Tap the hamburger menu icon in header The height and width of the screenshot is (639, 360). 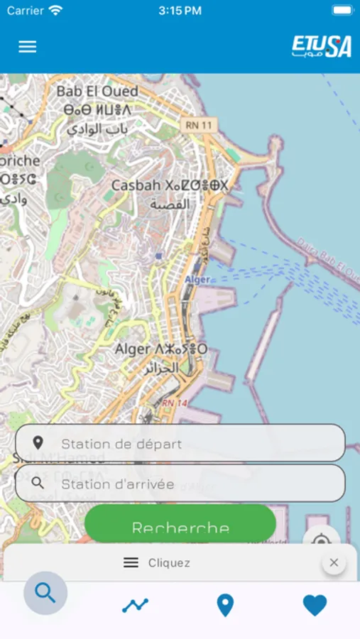pos(27,47)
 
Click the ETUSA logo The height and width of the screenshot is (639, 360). pos(322,47)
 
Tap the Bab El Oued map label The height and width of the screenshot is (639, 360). pos(97,92)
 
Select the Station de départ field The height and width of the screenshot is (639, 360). pos(180,444)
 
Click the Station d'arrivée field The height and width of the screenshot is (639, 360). pos(180,484)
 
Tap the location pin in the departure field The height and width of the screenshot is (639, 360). pos(38,444)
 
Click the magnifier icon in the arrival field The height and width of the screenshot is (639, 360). pos(38,484)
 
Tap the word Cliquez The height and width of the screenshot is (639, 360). pos(169,563)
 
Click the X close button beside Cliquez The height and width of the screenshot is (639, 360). pos(334,563)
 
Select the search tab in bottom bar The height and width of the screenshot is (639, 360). pos(45,593)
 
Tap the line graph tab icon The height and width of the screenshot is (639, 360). pos(135,605)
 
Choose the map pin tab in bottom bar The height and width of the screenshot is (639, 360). pos(225,605)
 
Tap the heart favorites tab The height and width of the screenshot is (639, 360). pos(315,605)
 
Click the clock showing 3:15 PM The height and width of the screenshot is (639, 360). pos(180,11)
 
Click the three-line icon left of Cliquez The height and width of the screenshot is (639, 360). pos(131,563)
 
